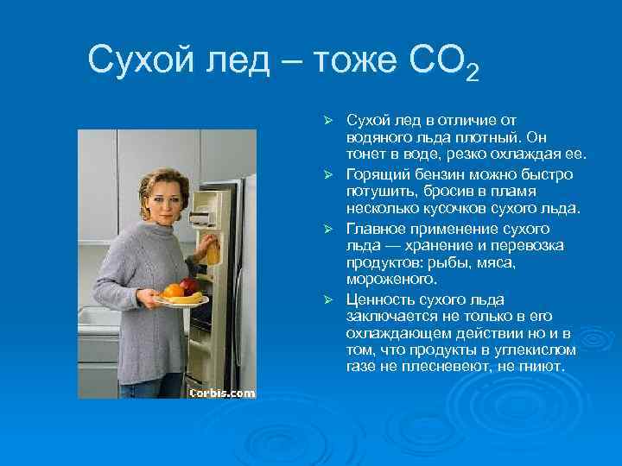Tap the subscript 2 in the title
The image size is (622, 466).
(x=471, y=72)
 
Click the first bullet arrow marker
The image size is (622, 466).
(x=328, y=119)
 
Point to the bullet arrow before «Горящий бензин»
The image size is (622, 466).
(x=328, y=174)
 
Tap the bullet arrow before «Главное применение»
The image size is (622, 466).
(x=328, y=230)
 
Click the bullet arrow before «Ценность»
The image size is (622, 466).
(x=328, y=299)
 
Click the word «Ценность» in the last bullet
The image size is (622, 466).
(x=378, y=299)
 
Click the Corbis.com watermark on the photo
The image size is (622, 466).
(x=223, y=392)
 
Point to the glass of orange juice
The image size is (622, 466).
(x=211, y=251)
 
